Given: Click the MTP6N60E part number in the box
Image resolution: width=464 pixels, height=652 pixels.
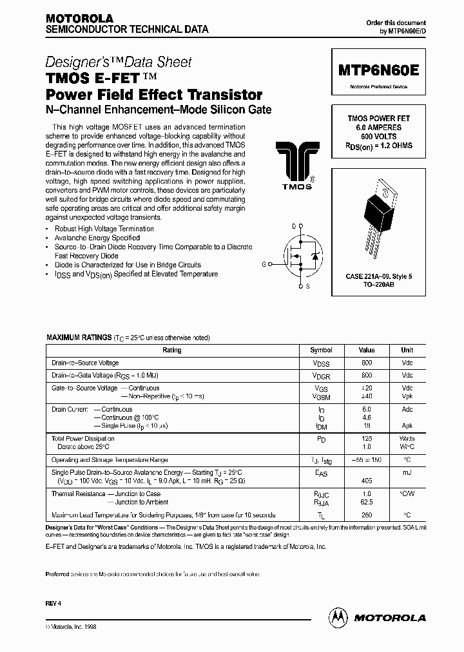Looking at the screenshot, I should (x=378, y=72).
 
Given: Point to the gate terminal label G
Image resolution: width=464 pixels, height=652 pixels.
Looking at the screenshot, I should (x=263, y=264).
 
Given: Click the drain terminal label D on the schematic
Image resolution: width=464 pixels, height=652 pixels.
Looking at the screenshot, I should (x=294, y=226).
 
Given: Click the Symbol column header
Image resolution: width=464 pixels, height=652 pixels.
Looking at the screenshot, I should (x=322, y=350).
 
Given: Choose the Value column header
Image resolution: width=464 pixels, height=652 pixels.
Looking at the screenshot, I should (x=367, y=350).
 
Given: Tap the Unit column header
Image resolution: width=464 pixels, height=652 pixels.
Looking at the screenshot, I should (x=407, y=350).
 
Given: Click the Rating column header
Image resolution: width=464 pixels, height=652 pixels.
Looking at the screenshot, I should (x=172, y=350).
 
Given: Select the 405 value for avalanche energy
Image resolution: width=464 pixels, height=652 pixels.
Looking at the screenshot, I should (x=367, y=481).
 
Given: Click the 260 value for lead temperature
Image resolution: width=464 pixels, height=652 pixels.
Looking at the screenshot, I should (x=367, y=515).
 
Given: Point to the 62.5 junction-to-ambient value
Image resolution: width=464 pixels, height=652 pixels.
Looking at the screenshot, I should (x=367, y=502).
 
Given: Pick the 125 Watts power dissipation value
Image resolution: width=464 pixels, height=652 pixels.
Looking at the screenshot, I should (x=367, y=438).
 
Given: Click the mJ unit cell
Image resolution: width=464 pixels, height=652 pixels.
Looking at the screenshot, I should (x=407, y=472).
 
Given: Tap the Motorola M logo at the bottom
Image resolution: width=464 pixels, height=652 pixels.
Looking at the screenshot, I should (x=338, y=617).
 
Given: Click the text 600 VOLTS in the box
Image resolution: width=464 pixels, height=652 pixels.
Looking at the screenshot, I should (x=379, y=137).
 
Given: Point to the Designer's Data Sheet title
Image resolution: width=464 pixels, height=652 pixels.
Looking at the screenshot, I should (x=119, y=62).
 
